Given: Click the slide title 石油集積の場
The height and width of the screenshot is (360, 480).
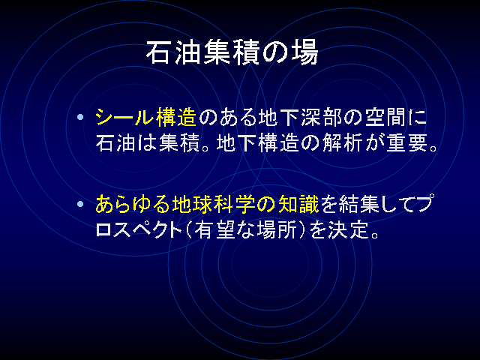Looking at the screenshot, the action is pyautogui.click(x=232, y=52).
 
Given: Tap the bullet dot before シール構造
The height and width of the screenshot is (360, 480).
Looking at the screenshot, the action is pyautogui.click(x=80, y=117).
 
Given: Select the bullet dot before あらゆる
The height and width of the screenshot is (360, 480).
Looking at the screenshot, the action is pyautogui.click(x=80, y=204).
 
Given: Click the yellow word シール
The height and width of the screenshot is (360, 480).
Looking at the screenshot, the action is pyautogui.click(x=124, y=117).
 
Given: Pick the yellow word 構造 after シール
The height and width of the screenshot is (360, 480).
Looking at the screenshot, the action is pyautogui.click(x=176, y=117).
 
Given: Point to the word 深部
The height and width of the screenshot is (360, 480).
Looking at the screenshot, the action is pyautogui.click(x=321, y=117).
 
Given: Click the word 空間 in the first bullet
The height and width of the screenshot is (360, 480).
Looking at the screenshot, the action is pyautogui.click(x=385, y=117).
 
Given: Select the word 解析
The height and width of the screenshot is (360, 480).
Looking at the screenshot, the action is pyautogui.click(x=342, y=143).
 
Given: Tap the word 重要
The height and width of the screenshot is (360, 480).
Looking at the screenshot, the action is pyautogui.click(x=406, y=143).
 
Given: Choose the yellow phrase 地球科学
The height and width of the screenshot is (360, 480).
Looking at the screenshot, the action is pyautogui.click(x=212, y=204).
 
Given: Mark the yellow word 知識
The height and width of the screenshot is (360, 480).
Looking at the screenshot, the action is pyautogui.click(x=298, y=204).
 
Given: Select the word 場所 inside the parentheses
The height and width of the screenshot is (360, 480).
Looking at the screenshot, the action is pyautogui.click(x=277, y=230).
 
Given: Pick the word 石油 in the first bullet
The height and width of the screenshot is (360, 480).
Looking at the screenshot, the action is pyautogui.click(x=115, y=143).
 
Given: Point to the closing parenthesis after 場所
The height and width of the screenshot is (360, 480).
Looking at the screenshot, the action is pyautogui.click(x=301, y=230).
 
